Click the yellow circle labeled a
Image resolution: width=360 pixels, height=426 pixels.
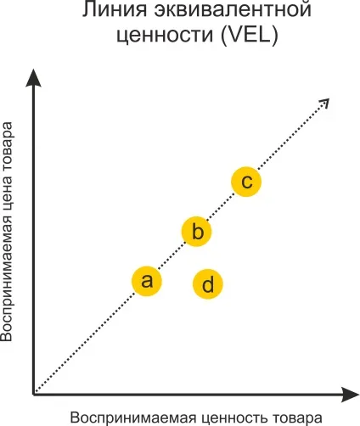pyautogui.click(x=147, y=281)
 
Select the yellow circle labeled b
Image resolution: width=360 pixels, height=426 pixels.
pyautogui.click(x=196, y=232)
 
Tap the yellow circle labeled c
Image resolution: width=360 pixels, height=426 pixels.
pyautogui.click(x=246, y=182)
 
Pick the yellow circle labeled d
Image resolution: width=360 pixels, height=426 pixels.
pyautogui.click(x=208, y=284)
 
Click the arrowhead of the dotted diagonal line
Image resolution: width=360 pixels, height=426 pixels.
pyautogui.click(x=325, y=102)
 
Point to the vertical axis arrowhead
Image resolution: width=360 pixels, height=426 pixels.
pyautogui.click(x=33, y=78)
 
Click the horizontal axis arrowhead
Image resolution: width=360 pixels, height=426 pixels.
pyautogui.click(x=350, y=395)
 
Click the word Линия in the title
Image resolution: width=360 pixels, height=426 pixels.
pyautogui.click(x=115, y=9)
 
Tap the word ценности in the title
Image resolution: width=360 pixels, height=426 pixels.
pyautogui.click(x=165, y=35)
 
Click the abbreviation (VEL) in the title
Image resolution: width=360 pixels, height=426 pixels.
pyautogui.click(x=250, y=35)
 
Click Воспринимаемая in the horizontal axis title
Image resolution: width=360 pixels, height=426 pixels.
pyautogui.click(x=133, y=418)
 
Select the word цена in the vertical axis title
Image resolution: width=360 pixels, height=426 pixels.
pyautogui.click(x=7, y=183)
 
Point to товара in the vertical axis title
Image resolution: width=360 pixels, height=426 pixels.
pyautogui.click(x=7, y=142)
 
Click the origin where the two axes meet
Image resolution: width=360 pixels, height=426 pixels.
pyautogui.click(x=34, y=394)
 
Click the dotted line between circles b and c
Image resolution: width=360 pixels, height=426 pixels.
pyautogui.click(x=222, y=207)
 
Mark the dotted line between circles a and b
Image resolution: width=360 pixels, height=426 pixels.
pyautogui.click(x=172, y=256)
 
